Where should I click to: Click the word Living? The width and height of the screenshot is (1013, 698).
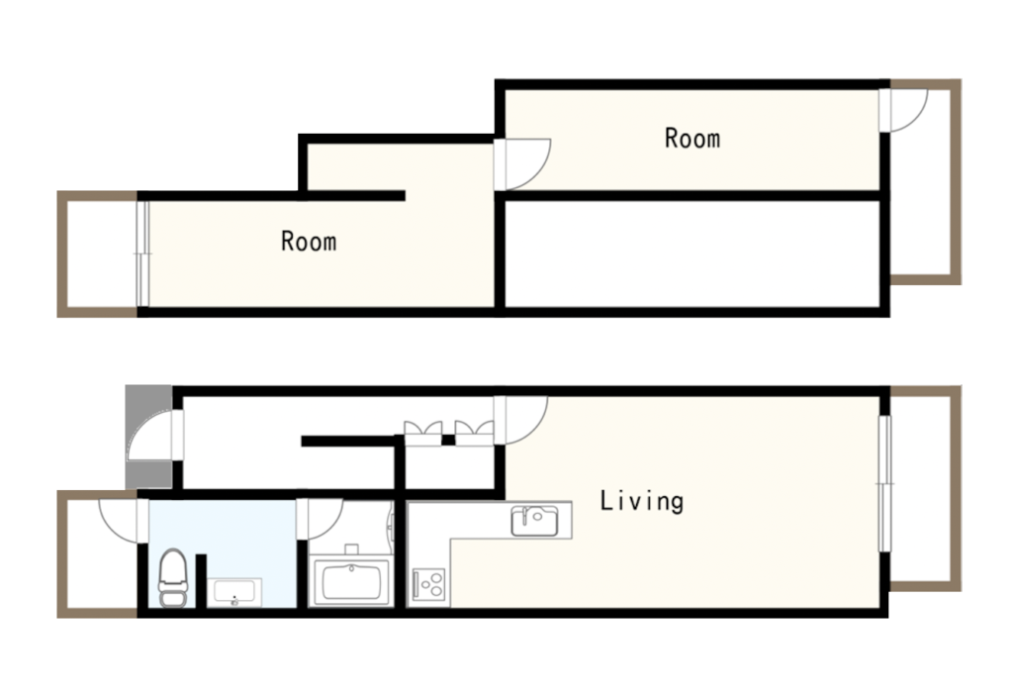tap(641, 501)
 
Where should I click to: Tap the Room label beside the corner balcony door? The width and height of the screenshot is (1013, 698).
tap(692, 139)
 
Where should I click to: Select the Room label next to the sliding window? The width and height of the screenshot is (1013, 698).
tap(309, 241)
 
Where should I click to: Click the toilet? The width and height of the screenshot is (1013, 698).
tap(172, 578)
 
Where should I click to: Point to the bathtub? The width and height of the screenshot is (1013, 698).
tap(351, 582)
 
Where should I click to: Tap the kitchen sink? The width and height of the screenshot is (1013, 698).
tap(534, 521)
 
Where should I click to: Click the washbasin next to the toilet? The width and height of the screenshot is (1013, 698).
tap(233, 593)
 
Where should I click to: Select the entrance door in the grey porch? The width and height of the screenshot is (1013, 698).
tap(155, 435)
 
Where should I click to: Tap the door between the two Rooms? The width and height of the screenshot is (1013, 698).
tap(522, 164)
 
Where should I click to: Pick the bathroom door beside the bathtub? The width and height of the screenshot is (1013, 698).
tap(320, 519)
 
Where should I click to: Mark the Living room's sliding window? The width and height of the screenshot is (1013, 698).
tap(885, 483)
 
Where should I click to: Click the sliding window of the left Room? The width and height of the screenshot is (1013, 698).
tap(142, 254)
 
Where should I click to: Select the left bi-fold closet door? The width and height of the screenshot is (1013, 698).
tap(423, 434)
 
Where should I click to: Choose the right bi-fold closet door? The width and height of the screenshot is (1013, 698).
tap(474, 434)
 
